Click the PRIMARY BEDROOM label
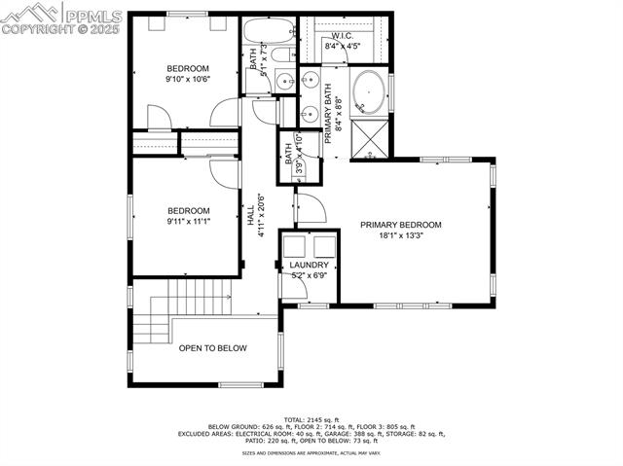point(400,225)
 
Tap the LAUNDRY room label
point(309,265)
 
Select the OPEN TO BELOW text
point(212,348)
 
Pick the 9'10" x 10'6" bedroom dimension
point(188,80)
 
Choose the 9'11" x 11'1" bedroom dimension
point(188,222)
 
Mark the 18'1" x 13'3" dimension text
point(400,235)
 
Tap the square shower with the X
point(368,136)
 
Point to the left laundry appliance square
point(297,245)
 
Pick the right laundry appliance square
point(322,245)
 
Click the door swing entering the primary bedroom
point(308,207)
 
